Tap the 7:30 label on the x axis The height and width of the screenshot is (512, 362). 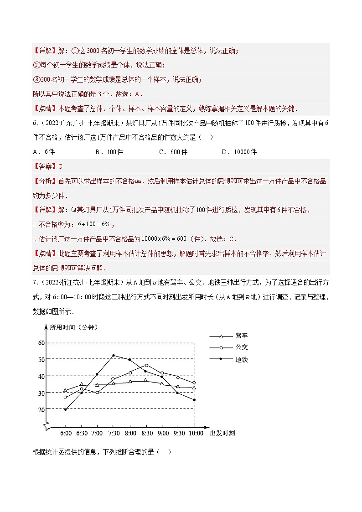point(114,433)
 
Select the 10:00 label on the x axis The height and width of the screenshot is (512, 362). point(195,433)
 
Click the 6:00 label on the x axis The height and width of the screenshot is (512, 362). point(66,433)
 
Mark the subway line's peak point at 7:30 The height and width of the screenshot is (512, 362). point(114,355)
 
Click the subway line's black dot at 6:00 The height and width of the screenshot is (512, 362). point(65,409)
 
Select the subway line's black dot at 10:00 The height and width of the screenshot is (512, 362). point(194,400)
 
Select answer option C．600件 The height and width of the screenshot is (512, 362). point(173,152)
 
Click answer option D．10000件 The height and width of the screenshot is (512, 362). point(239,152)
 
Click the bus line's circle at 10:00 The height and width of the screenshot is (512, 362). point(194,383)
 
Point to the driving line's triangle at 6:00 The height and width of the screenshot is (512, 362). point(65,391)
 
